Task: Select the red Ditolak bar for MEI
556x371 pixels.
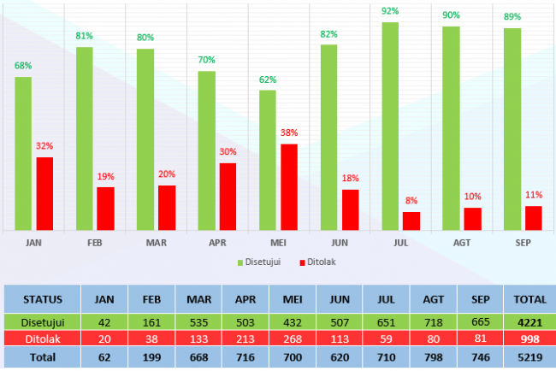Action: [289, 187]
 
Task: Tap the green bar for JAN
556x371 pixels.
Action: [23, 154]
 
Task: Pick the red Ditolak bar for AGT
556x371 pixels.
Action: [473, 219]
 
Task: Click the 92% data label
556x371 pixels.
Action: [391, 11]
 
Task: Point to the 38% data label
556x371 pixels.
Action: [289, 133]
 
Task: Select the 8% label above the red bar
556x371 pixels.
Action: [411, 201]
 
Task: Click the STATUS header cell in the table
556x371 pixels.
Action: [42, 299]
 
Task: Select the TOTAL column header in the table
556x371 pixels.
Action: [529, 299]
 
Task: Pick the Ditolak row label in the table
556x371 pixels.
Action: [42, 339]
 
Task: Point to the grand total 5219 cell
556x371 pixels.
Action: [529, 356]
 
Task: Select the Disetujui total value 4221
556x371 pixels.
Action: [529, 322]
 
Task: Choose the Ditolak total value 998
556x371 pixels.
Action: [529, 339]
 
